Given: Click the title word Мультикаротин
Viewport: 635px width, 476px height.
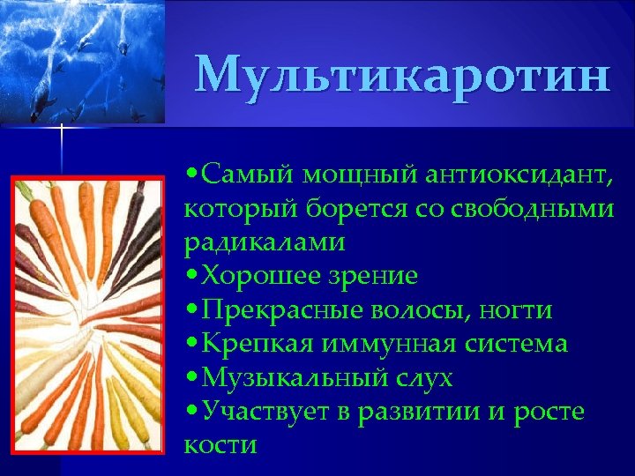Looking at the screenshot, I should coord(401,76).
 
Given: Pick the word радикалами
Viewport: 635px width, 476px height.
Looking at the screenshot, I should coord(265,242).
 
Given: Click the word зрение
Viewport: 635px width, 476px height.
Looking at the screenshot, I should coord(372,276).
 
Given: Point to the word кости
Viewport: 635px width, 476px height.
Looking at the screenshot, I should coord(220,444).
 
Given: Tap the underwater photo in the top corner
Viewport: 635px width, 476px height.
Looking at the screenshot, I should coord(82,62).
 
